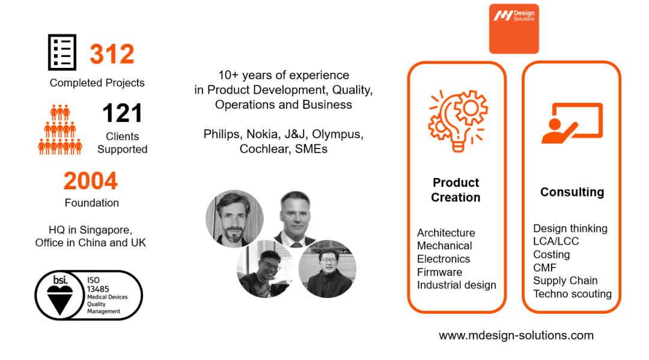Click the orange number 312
coord(112,54)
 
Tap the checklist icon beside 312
coord(62,52)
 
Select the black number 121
coord(122,113)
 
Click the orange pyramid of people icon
coord(60,130)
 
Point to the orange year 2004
coord(91,181)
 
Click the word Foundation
coord(92,203)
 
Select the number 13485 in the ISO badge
coord(98,289)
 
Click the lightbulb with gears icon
coord(458,121)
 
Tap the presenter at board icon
coord(572,123)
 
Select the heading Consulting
coord(572,192)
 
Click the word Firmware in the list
coord(439,272)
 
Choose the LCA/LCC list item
coord(556,241)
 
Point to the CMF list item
coord(544,267)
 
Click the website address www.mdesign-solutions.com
coord(516,335)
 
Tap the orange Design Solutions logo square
coord(514,29)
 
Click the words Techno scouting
coord(573,294)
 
